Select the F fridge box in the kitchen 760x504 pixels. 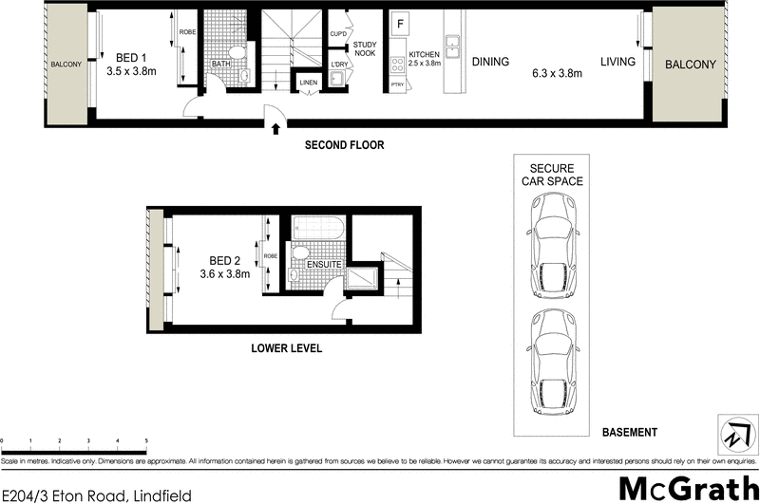(x=400, y=23)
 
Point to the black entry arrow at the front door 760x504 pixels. (x=275, y=128)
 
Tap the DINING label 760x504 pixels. (x=489, y=62)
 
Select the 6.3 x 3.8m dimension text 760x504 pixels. (x=556, y=74)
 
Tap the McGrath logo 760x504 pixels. (x=682, y=488)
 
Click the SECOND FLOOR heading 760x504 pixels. (x=344, y=146)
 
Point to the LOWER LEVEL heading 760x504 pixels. (x=286, y=348)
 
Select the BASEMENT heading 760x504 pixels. (x=629, y=433)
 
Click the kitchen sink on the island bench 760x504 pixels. (x=452, y=43)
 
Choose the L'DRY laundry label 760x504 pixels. (x=338, y=64)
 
